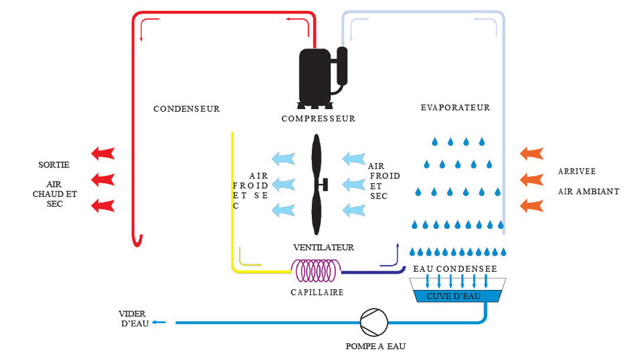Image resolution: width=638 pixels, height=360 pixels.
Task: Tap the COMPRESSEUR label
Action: point(318,119)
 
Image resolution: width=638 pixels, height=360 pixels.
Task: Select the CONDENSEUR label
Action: point(187,109)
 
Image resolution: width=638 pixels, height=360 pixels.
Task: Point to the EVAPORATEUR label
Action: point(456,108)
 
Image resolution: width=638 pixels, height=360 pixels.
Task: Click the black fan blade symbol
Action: point(318,185)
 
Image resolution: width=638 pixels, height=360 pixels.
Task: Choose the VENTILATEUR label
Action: point(323,248)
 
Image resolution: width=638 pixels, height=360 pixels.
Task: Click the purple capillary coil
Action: point(316,270)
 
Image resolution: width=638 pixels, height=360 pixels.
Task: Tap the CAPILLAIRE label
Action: point(317,293)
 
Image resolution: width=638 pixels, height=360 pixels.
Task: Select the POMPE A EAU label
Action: point(375,345)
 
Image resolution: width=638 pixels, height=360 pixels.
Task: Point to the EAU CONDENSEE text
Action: point(455,268)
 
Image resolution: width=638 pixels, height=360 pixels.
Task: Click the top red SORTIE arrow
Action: point(103,152)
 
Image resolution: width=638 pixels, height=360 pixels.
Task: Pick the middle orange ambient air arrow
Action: point(531,179)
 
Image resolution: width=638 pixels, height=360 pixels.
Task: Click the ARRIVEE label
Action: point(577,171)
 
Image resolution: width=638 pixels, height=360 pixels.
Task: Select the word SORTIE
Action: point(54,164)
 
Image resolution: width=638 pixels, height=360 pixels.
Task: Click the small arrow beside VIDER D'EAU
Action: point(159,322)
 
